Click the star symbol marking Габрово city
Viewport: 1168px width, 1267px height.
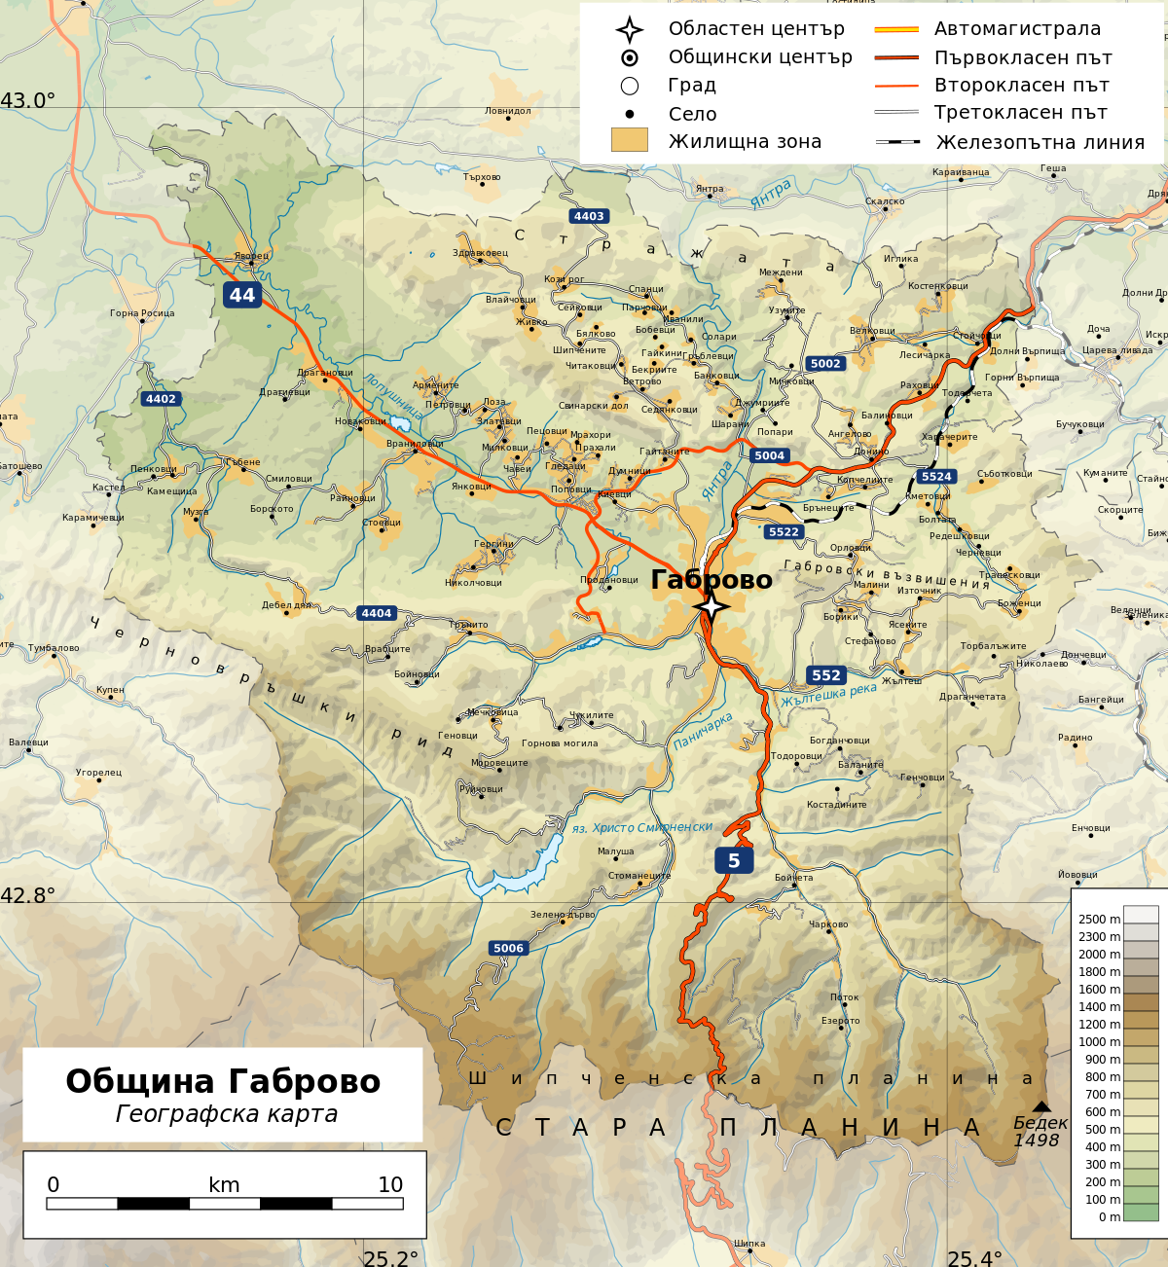click(712, 607)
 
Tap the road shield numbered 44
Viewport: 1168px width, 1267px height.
click(242, 295)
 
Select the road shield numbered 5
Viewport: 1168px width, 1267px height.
click(734, 860)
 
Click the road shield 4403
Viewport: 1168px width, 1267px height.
click(589, 216)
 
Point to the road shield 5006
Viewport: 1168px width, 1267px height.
click(508, 948)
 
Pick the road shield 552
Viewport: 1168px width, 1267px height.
click(825, 675)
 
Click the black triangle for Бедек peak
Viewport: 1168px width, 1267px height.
click(1041, 1106)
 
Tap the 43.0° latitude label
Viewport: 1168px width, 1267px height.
click(28, 101)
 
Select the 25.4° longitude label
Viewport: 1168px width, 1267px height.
click(974, 1258)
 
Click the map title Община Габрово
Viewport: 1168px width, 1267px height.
click(223, 1081)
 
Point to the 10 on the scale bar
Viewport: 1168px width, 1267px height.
click(390, 1184)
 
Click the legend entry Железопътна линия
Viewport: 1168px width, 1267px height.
click(1040, 142)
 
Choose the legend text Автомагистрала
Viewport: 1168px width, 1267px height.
click(1017, 29)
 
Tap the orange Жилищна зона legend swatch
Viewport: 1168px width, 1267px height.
click(629, 140)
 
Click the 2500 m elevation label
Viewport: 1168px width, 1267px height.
click(1099, 919)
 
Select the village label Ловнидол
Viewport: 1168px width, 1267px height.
click(508, 111)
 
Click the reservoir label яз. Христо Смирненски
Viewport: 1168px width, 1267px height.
click(642, 827)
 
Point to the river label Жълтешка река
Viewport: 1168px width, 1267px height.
click(828, 695)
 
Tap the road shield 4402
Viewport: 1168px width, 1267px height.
click(161, 399)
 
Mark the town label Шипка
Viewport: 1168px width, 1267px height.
click(749, 1243)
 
